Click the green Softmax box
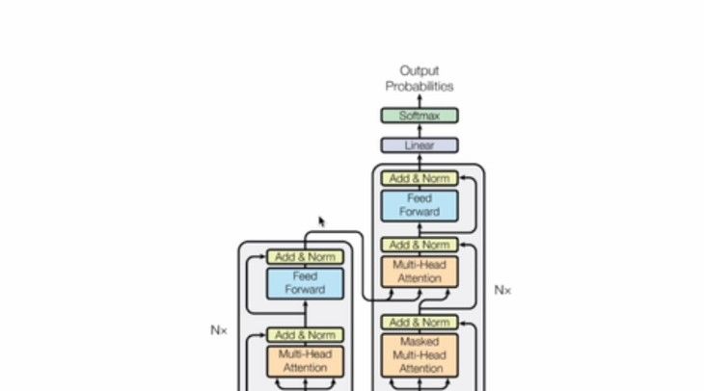[419, 116]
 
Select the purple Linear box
[419, 145]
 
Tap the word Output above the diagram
[420, 70]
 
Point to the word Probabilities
[420, 86]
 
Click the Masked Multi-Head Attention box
[420, 354]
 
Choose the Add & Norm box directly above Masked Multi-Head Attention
[420, 323]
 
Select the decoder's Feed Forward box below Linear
[420, 205]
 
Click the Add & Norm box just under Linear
[420, 178]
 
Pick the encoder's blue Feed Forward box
[305, 282]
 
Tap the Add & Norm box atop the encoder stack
[305, 257]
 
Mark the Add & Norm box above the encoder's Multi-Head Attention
[305, 335]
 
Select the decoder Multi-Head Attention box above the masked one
[420, 272]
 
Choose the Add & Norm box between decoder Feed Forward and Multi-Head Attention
[420, 245]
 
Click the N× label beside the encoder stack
[219, 329]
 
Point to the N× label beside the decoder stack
[502, 289]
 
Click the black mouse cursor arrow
[322, 222]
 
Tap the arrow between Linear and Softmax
[420, 131]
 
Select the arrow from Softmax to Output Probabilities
[420, 101]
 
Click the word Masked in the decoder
[420, 342]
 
